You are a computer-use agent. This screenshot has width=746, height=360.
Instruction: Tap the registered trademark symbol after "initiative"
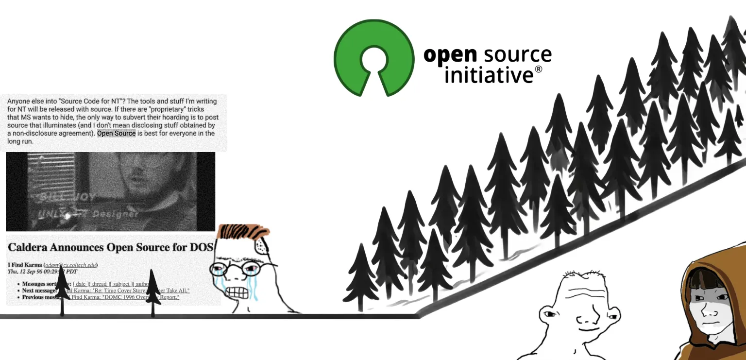pyautogui.click(x=539, y=69)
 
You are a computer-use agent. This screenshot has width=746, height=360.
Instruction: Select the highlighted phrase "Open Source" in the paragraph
pyautogui.click(x=117, y=133)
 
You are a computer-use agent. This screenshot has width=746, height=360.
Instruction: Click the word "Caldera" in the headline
pyautogui.click(x=32, y=247)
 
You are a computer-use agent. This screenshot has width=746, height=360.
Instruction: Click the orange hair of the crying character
pyautogui.click(x=243, y=231)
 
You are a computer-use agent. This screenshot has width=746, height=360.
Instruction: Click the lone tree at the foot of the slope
pyautogui.click(x=360, y=282)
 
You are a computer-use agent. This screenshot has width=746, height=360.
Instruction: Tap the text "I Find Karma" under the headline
pyautogui.click(x=24, y=265)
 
